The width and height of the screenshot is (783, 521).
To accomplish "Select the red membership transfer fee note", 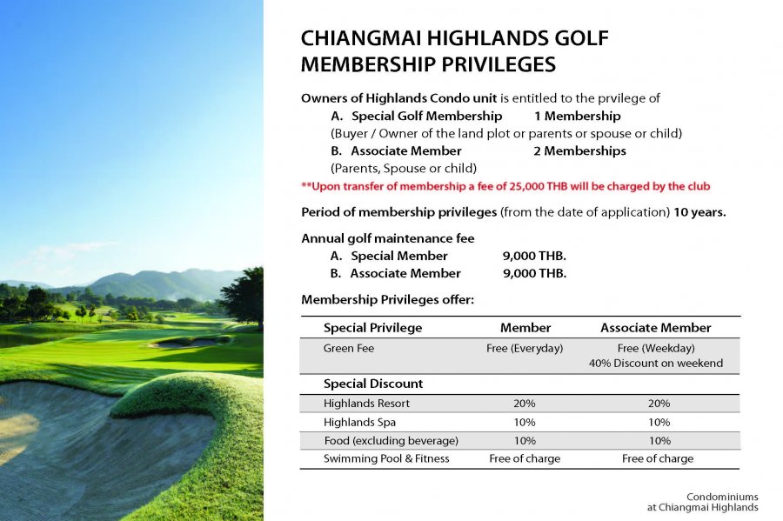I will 505,186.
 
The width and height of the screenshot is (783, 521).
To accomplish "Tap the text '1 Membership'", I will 577,116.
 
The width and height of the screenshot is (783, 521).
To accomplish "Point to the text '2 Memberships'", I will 579,150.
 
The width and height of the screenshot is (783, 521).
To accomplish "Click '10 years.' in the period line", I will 701,212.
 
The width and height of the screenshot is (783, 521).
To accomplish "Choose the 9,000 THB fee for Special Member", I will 534,256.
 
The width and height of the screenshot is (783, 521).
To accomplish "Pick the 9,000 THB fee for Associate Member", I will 534,273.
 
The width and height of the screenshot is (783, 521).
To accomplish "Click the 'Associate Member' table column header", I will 655,328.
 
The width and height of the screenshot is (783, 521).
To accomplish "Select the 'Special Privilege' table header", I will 372,328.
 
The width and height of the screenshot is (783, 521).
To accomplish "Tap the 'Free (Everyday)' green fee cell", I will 525,348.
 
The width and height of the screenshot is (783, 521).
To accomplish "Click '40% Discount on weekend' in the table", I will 655,364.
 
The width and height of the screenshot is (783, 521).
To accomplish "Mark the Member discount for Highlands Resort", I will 525,404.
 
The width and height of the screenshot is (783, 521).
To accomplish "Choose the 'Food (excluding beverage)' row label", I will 391,440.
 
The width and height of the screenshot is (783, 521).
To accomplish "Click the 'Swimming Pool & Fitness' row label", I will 386,458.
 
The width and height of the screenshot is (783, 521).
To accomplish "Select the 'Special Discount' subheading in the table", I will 373,384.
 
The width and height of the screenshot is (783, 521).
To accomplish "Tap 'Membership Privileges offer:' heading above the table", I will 386,300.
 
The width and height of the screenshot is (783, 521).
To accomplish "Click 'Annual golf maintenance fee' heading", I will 387,238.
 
